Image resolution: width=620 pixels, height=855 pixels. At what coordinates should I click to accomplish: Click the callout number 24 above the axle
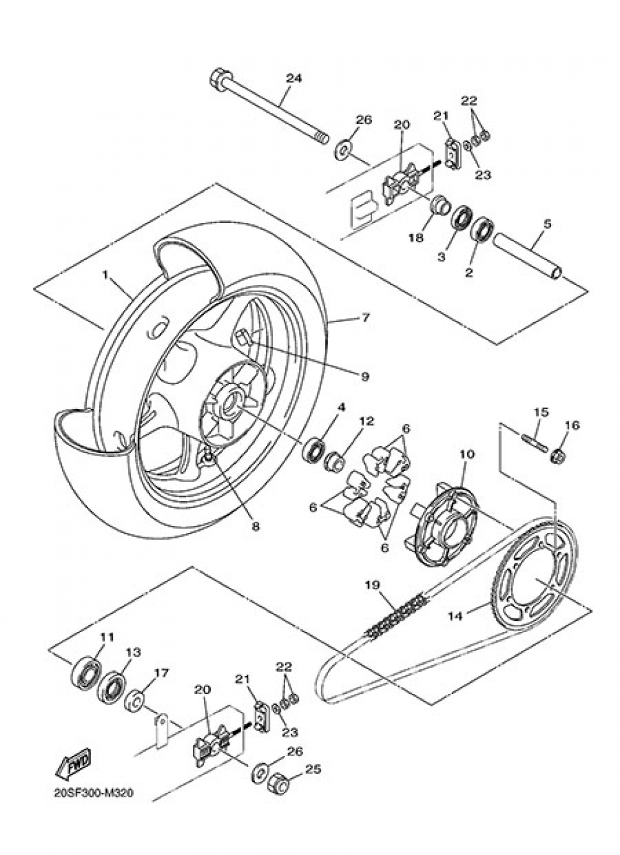click(x=293, y=79)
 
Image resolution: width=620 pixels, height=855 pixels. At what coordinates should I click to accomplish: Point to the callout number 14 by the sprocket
click(x=456, y=616)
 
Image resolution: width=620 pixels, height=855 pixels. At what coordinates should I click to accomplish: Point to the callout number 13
click(x=133, y=652)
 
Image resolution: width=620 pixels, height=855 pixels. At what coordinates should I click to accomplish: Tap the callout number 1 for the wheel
click(x=105, y=273)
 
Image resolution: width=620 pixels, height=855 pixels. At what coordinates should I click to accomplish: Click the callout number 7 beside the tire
click(x=365, y=318)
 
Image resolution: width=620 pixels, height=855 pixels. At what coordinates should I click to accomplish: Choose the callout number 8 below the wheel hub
click(x=255, y=527)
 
